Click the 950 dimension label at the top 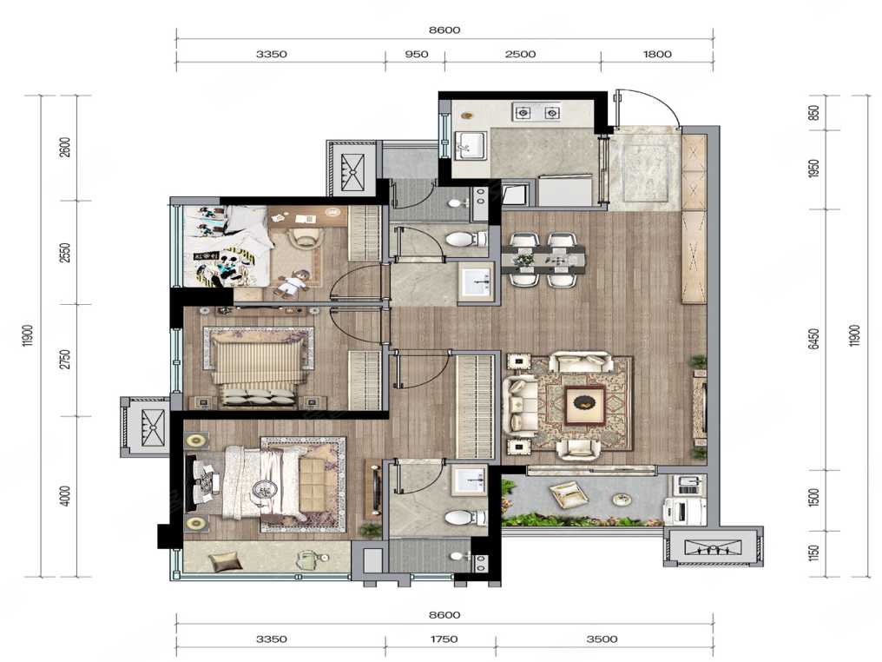[x=416, y=54]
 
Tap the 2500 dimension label [x=520, y=54]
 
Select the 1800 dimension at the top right [x=657, y=54]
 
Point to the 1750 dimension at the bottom [x=444, y=639]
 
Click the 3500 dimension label [x=602, y=639]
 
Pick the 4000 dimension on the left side [x=66, y=496]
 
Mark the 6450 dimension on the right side [x=814, y=340]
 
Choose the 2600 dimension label [x=66, y=148]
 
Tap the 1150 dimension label [x=814, y=553]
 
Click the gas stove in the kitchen [x=536, y=113]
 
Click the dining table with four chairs [x=547, y=260]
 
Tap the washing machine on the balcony [x=683, y=513]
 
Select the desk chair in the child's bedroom [x=306, y=236]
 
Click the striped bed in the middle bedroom [x=258, y=367]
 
